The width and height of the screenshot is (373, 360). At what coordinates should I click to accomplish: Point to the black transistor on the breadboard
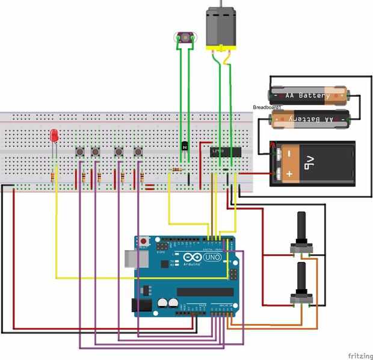point(185,146)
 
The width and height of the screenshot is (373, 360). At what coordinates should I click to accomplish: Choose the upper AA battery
point(307,95)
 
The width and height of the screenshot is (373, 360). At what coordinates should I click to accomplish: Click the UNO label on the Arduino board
point(214,257)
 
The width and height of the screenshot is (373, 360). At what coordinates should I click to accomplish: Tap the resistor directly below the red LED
point(55,177)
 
